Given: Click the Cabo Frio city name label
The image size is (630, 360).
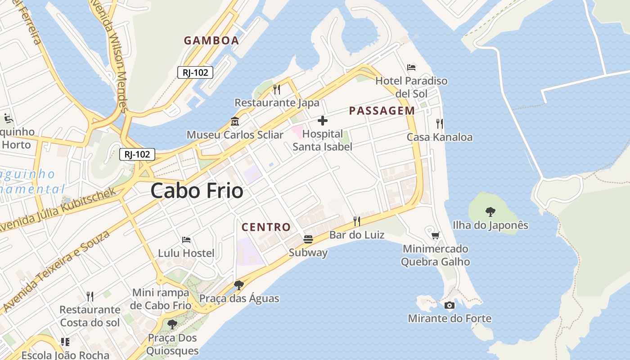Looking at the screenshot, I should coord(197,191).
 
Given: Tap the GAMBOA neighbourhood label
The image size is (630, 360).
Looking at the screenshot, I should coord(211,40).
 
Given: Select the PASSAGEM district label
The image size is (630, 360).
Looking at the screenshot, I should coord(382,111).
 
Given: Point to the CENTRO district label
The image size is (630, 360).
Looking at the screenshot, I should coord(266,227).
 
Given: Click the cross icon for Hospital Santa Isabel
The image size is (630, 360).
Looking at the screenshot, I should coord(322,121).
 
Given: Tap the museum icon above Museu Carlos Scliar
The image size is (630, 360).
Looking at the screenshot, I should coord(234,121).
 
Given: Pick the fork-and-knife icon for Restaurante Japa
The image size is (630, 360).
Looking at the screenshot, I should coord(277,90).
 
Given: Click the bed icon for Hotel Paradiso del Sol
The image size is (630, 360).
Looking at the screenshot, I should coord(411,67).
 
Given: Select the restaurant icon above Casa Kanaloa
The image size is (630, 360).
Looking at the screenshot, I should coord(440,124).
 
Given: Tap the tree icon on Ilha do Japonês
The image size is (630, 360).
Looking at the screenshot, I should coord(490,211).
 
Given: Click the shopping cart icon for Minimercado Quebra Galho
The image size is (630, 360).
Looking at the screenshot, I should coord(435,235).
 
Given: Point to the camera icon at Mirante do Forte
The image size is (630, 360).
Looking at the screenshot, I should coord(449,306).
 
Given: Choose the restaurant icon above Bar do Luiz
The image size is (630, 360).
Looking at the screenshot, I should coord(356,221).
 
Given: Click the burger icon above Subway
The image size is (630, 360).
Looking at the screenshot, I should coord(308,239).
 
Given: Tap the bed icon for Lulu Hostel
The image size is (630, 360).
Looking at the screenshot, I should coord(186,240).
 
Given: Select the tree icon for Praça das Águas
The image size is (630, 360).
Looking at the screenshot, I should coord(238,285).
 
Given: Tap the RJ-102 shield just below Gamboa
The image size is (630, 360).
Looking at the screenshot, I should coord(195,72).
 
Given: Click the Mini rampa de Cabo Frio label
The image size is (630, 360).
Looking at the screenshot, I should coord(161,299).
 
